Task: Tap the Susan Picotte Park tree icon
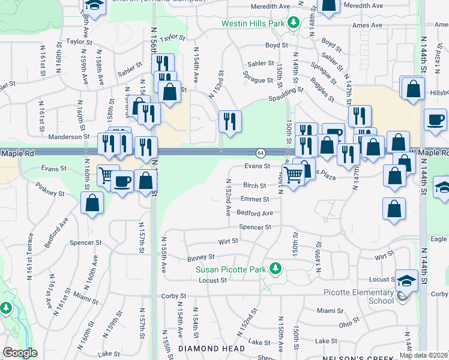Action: (x=276, y=268)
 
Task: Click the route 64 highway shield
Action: (x=261, y=153)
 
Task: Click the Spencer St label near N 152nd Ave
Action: (x=255, y=227)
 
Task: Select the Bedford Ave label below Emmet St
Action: (x=255, y=213)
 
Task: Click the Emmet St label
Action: (x=255, y=199)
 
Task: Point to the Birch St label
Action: (x=255, y=186)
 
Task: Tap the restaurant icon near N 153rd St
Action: (x=230, y=122)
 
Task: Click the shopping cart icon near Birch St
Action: (x=294, y=176)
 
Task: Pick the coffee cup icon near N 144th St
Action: (x=435, y=119)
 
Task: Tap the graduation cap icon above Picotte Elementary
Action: (x=406, y=280)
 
